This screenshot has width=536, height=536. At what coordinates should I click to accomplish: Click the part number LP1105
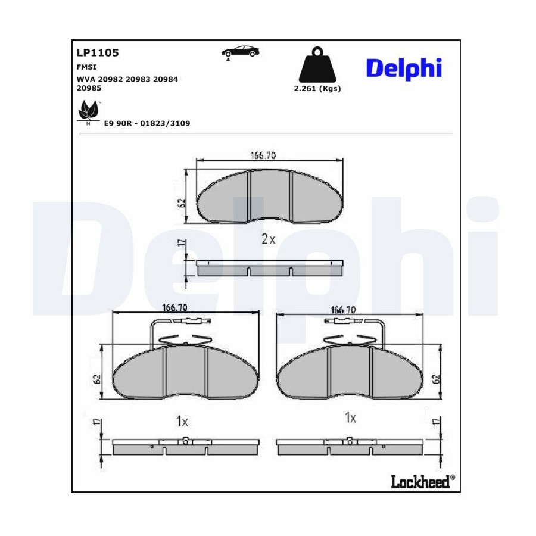[98, 52]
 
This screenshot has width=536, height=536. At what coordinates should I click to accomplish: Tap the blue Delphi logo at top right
[404, 68]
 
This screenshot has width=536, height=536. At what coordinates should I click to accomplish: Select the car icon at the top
[241, 52]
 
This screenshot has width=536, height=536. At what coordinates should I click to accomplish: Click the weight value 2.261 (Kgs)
[317, 89]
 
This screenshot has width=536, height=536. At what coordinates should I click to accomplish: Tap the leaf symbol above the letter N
[88, 110]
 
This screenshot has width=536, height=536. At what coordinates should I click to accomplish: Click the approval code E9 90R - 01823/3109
[147, 123]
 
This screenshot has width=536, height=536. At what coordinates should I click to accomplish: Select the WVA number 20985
[89, 88]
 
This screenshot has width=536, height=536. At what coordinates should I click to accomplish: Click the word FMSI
[86, 67]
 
